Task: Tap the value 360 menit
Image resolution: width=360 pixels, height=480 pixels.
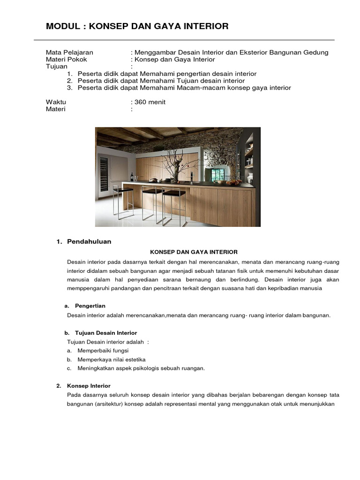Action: click(150, 102)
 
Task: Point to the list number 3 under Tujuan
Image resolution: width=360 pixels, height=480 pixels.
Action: click(69, 88)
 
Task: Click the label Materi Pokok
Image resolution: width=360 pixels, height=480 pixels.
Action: click(66, 59)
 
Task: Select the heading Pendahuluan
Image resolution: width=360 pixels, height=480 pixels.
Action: click(89, 241)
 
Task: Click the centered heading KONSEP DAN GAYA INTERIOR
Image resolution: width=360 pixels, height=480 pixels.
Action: click(194, 252)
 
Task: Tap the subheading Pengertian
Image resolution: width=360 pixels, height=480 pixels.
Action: click(90, 306)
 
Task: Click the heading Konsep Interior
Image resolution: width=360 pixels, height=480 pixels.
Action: click(89, 386)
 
